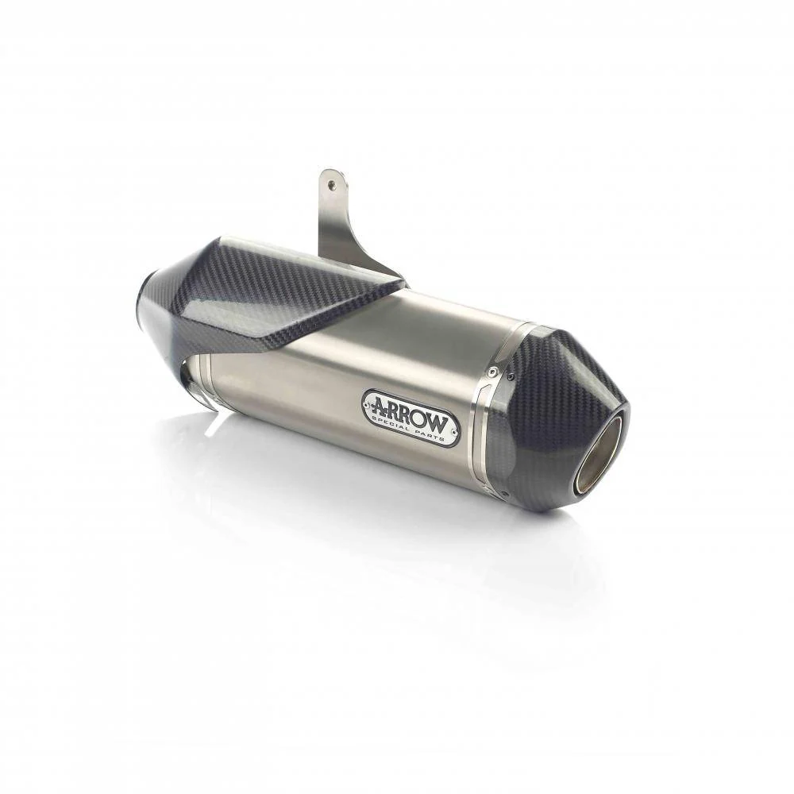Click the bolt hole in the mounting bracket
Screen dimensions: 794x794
point(331,185)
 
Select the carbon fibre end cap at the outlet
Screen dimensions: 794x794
point(557,415)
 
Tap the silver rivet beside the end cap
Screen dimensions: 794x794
point(491,372)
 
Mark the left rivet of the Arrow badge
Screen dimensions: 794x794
point(367,405)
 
